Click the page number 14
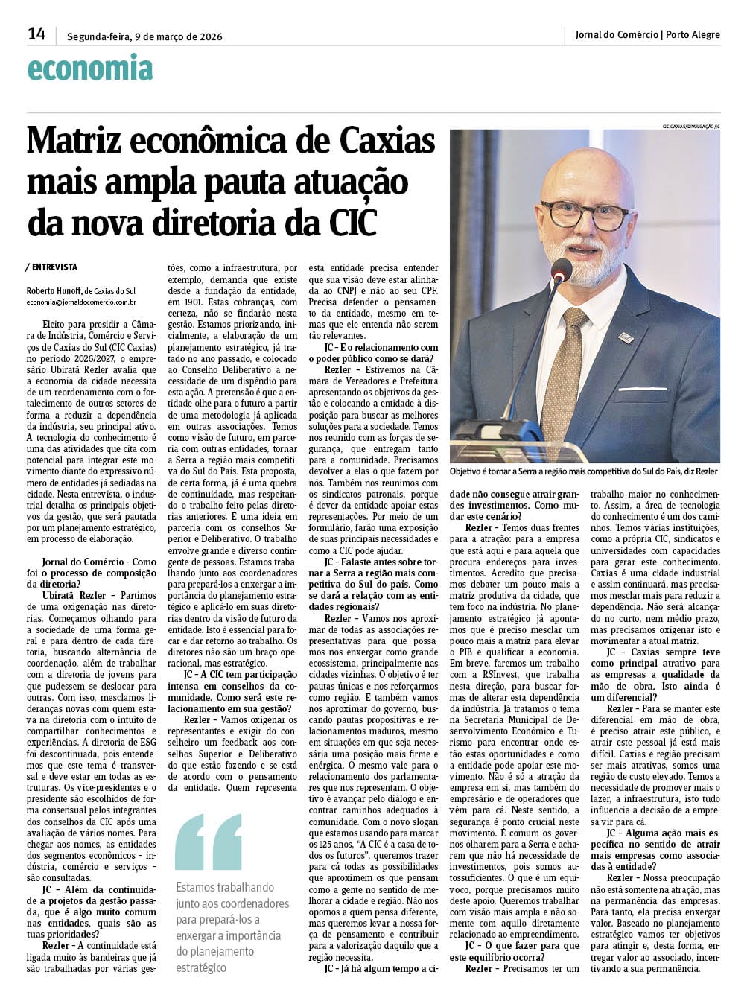(x=36, y=34)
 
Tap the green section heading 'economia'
(x=89, y=69)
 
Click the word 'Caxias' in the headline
(x=387, y=142)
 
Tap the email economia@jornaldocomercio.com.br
(x=80, y=302)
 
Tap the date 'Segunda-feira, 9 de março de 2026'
(x=144, y=36)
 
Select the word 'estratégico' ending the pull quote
(x=200, y=967)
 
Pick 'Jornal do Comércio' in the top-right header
(x=617, y=34)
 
